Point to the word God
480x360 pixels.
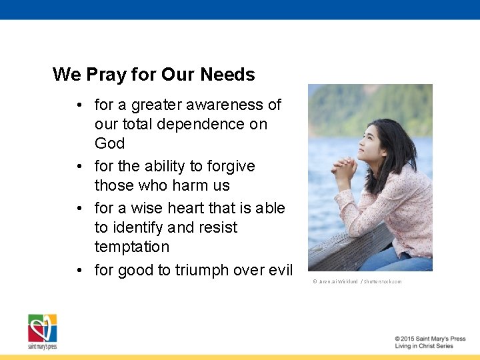[x=109, y=143]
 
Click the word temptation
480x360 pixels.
[x=132, y=247]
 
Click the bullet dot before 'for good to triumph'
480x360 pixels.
[x=79, y=270]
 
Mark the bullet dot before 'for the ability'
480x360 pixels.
[x=79, y=166]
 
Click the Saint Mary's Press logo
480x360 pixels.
[x=42, y=331]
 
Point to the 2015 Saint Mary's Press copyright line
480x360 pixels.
[x=429, y=339]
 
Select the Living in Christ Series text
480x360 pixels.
[x=424, y=347]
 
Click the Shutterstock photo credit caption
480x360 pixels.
[x=357, y=281]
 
